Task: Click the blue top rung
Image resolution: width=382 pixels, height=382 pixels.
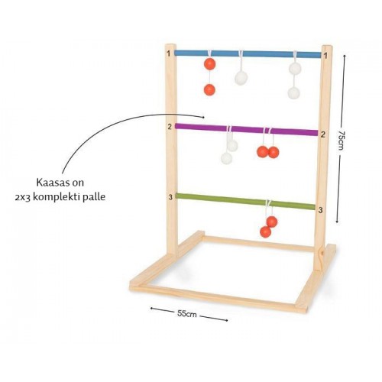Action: click(x=248, y=53)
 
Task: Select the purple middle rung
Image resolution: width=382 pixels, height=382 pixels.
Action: click(x=247, y=129)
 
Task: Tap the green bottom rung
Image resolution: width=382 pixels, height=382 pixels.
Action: click(x=245, y=201)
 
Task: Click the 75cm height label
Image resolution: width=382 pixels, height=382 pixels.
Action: click(x=342, y=141)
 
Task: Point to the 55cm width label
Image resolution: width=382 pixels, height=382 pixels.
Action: click(x=187, y=314)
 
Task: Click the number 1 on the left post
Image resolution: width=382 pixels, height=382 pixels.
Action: click(x=169, y=53)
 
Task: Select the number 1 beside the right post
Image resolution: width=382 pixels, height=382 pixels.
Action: click(x=325, y=56)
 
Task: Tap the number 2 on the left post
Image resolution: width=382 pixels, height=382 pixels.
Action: click(x=170, y=127)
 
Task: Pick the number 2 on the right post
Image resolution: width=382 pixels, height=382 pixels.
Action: click(x=323, y=134)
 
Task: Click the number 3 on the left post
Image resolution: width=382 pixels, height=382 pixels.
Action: click(x=170, y=197)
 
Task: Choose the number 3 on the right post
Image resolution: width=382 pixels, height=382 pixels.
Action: click(x=320, y=210)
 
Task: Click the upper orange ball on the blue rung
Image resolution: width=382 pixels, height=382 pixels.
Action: click(x=210, y=63)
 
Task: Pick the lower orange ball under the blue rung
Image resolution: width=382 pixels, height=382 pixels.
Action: click(x=209, y=89)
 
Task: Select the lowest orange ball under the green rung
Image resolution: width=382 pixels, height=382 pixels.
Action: click(x=266, y=231)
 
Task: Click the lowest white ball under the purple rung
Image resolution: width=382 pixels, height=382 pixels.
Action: click(x=226, y=158)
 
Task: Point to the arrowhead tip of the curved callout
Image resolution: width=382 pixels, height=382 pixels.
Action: click(x=204, y=117)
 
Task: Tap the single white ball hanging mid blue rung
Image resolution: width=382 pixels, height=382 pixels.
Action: click(x=241, y=78)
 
